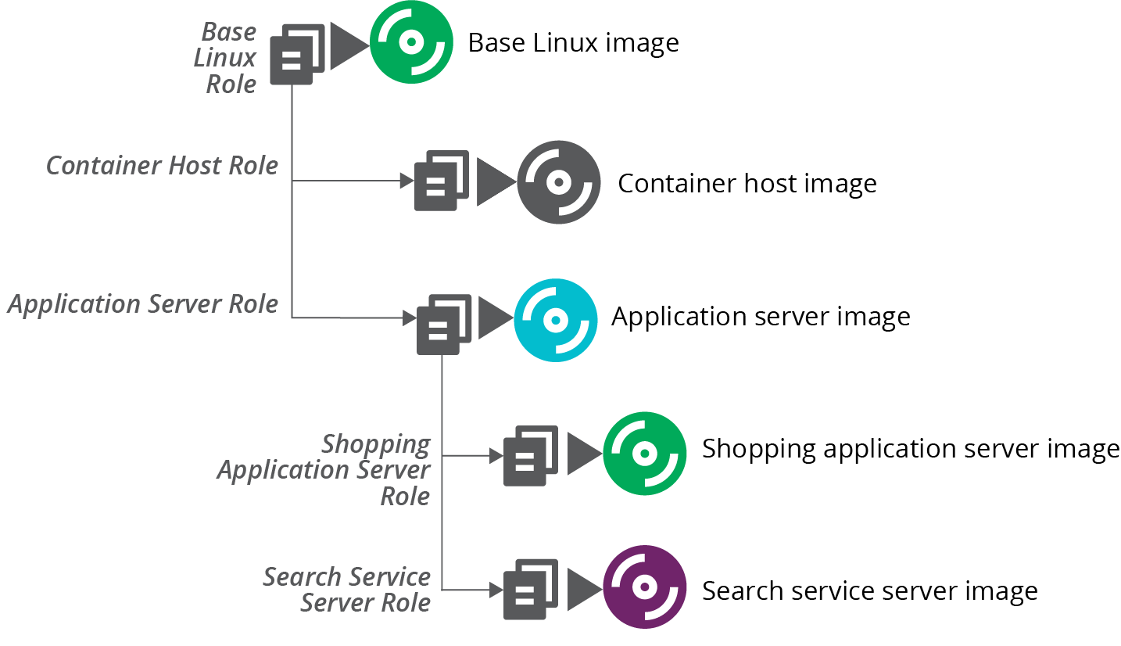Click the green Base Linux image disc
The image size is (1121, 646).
point(411,42)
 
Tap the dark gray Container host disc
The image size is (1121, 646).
point(558,182)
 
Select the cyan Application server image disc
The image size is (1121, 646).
point(555,320)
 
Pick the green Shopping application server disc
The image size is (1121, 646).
point(644,454)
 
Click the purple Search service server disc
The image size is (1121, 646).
point(644,587)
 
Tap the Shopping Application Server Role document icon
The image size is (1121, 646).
point(530,456)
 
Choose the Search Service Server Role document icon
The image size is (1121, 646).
point(530,590)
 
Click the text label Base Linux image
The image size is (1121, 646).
point(573,42)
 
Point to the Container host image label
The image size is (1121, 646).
point(747,184)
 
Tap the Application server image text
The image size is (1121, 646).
point(761,317)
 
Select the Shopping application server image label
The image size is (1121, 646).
point(911,449)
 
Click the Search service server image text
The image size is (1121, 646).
point(869,590)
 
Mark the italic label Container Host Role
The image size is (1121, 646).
point(162,166)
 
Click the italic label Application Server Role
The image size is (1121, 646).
point(143,303)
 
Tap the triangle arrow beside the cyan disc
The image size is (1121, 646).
point(493,318)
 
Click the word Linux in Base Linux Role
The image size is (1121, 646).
point(225,58)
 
